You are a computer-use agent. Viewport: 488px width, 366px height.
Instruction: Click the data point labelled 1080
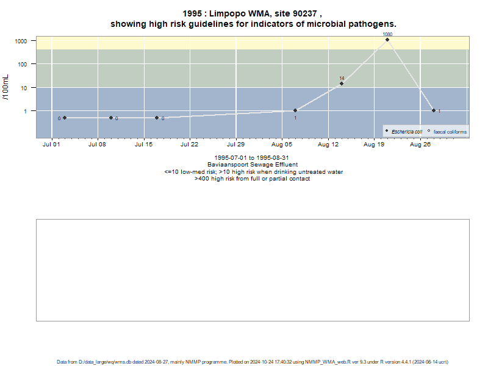[x=387, y=40]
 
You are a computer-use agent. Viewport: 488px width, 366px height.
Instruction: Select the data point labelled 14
[x=342, y=84]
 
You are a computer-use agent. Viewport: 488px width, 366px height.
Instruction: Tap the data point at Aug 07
[x=295, y=110]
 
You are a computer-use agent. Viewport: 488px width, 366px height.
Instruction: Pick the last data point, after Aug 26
[x=434, y=110]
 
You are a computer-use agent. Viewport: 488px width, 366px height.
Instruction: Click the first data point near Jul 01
[x=65, y=118]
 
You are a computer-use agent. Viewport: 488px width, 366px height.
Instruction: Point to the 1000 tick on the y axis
[x=21, y=41]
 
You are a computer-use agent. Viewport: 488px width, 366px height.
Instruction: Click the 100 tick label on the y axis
[x=23, y=65]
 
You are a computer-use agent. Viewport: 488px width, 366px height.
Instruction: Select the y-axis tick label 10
[x=24, y=88]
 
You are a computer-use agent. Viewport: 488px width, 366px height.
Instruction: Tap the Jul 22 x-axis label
[x=189, y=145]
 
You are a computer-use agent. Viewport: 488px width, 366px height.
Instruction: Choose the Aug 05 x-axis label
[x=282, y=145]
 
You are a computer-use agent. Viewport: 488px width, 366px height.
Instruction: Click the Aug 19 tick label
[x=374, y=145]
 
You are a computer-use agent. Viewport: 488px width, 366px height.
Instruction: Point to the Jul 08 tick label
[x=97, y=145]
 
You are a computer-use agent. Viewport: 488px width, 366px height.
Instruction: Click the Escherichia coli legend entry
[x=404, y=132]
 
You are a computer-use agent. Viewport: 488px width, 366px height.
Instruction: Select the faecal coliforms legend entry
[x=447, y=132]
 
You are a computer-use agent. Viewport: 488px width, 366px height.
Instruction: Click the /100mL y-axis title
[x=6, y=87]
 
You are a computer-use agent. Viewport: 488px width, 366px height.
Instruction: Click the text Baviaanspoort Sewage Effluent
[x=253, y=165]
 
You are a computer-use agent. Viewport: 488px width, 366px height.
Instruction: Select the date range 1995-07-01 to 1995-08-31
[x=251, y=158]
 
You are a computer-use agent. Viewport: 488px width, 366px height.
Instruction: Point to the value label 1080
[x=387, y=34]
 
